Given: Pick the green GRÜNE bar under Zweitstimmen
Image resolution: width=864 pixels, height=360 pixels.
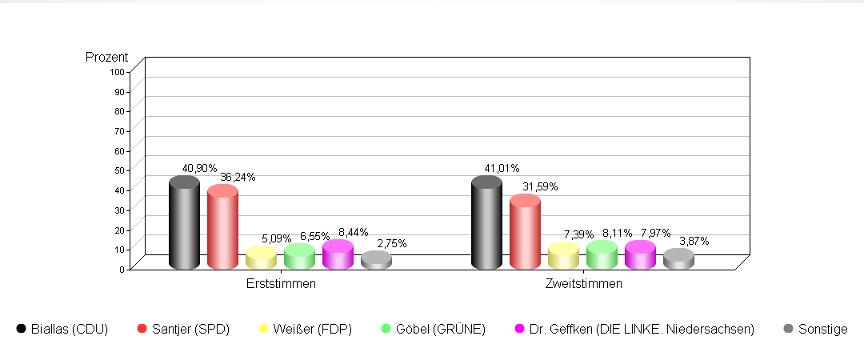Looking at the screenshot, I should [602, 255].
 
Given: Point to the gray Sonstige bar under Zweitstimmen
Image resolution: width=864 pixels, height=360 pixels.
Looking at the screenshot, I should [678, 259].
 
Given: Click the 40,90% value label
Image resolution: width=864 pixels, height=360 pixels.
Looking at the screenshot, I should [199, 169].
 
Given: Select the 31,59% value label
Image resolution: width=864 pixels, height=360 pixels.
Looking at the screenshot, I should [540, 186].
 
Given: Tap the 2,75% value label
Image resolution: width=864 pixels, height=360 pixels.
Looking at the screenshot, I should [391, 243].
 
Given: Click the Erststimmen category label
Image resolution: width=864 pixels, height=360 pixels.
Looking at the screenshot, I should [281, 284].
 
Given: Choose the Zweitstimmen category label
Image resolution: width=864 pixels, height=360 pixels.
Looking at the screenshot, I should [583, 284].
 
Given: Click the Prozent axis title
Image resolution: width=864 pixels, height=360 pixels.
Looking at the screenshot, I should [107, 58].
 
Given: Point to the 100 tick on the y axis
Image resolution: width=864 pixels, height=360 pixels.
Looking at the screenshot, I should [118, 72].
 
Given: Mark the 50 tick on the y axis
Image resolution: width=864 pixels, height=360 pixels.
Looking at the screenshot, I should [120, 170].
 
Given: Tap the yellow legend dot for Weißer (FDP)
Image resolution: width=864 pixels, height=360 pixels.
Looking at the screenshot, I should [263, 329].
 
